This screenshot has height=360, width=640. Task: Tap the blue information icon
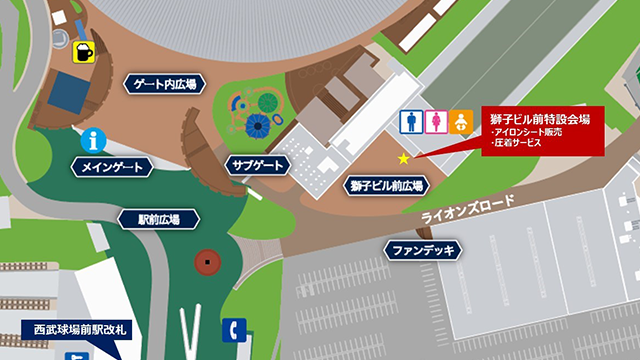95,139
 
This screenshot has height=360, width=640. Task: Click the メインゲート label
112,167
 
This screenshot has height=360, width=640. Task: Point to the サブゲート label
257,166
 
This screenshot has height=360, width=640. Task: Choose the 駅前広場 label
146,219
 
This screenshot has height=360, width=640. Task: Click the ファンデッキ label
423,249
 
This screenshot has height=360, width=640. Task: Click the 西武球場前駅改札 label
84,329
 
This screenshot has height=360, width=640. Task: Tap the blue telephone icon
233,329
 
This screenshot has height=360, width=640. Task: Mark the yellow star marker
404,158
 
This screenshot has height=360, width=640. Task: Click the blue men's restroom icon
409,121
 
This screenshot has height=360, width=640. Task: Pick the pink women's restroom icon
435,121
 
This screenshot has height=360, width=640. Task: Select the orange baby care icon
461,121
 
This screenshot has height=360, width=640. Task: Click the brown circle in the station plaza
208,262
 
